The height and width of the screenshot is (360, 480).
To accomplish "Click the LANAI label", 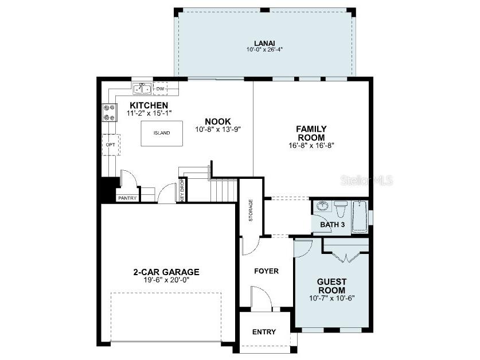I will (x=264, y=43).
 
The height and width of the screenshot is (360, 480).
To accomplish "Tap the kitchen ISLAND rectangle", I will (x=162, y=133).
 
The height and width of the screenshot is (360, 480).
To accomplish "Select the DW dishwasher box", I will (x=161, y=89).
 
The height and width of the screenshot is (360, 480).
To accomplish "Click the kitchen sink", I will (x=142, y=89).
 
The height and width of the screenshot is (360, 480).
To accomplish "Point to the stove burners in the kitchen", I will (x=107, y=112).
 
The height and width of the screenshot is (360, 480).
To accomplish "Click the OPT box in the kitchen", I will (x=110, y=144).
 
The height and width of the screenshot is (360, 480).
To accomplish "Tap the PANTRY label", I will (x=127, y=198).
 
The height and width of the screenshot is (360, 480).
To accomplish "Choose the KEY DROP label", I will (x=182, y=190).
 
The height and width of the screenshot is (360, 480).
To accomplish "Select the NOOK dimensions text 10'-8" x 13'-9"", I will (x=217, y=130).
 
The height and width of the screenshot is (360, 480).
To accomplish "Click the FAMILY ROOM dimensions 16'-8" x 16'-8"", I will (x=311, y=146).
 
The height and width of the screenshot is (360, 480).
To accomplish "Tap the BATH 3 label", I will (x=332, y=225).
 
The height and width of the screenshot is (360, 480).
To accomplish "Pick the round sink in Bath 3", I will (x=323, y=206).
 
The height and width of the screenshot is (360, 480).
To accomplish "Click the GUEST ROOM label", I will (x=331, y=285).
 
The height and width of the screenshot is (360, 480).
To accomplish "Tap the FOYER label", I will (x=266, y=271).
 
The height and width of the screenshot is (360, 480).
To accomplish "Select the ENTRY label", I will (x=264, y=332).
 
